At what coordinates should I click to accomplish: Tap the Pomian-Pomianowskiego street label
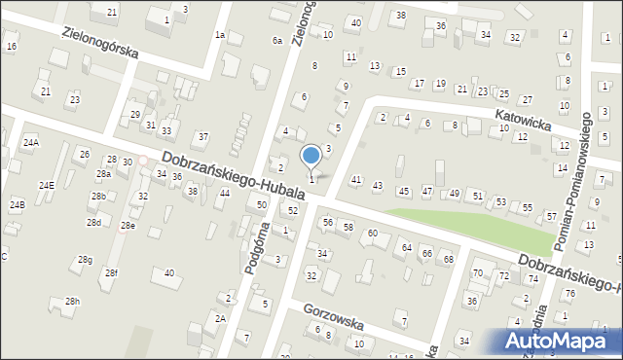588,162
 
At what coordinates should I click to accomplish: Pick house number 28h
72,302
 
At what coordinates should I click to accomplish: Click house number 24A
31,143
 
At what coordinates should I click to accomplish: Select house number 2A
221,318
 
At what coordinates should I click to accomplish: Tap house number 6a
277,41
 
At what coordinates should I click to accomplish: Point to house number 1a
220,35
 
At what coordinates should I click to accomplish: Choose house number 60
373,234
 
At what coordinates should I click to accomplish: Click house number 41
356,180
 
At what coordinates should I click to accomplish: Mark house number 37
202,136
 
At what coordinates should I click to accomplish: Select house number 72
504,276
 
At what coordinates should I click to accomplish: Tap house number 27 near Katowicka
527,100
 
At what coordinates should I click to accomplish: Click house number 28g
86,260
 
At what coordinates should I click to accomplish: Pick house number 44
224,194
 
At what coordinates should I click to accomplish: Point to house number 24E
46,185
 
